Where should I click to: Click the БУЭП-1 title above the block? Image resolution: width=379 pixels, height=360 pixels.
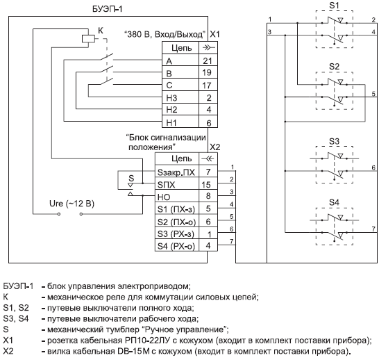click(x=108, y=9)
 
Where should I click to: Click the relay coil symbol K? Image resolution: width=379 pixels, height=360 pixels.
click(x=88, y=39)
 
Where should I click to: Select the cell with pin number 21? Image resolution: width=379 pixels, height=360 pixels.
click(x=208, y=60)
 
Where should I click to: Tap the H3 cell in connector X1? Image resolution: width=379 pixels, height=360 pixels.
click(x=180, y=97)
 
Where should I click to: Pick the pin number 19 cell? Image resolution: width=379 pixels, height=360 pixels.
click(x=208, y=72)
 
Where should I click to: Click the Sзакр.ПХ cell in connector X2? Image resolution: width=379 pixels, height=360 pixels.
click(x=177, y=172)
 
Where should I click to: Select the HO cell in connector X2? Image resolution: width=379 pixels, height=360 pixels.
click(x=177, y=197)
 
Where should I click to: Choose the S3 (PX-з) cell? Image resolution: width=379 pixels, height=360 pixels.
click(x=177, y=234)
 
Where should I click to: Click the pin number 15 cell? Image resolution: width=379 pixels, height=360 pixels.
click(x=208, y=185)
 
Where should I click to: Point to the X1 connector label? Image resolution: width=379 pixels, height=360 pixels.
click(x=215, y=34)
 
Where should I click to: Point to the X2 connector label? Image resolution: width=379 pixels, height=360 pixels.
click(x=215, y=147)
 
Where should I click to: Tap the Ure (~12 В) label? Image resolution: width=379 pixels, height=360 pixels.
click(x=71, y=204)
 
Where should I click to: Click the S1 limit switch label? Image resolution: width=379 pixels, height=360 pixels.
click(x=334, y=6)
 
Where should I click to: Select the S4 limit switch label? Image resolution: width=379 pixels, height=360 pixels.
click(x=334, y=202)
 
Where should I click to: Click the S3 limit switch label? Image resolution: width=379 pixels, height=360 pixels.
click(x=334, y=141)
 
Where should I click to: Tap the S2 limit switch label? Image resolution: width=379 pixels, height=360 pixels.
click(x=334, y=67)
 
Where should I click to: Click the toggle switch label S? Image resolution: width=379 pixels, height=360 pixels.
click(x=131, y=179)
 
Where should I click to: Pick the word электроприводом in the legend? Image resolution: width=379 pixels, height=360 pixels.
click(x=154, y=286)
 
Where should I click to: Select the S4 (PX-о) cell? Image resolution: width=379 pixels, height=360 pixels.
click(x=177, y=245)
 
